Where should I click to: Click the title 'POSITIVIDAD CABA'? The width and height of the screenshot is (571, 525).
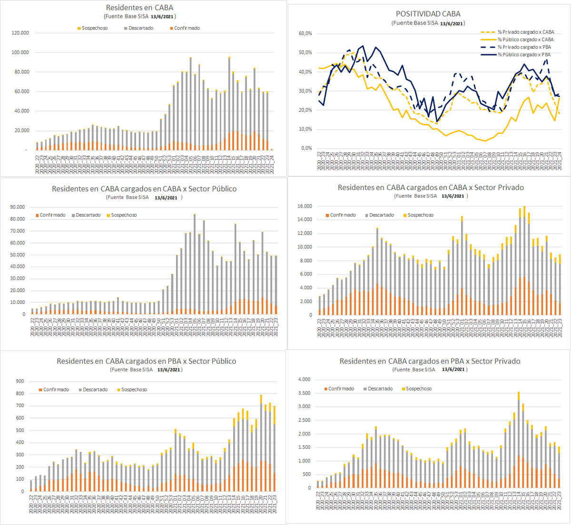tap(428, 14)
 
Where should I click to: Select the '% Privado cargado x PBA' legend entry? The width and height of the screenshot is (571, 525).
tap(524, 47)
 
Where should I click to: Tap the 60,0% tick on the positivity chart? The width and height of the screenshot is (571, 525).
tap(305, 34)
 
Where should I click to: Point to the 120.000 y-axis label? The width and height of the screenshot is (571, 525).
tap(20, 33)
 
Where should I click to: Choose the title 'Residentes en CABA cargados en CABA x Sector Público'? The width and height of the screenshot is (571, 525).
tap(144, 189)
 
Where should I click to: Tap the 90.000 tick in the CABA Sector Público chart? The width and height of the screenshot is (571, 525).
tap(17, 207)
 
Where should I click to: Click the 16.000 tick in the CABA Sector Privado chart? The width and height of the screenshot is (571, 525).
tap(304, 206)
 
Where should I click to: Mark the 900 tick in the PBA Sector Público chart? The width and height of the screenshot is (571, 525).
tap(20, 381)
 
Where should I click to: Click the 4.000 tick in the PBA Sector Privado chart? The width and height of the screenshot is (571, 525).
tap(304, 379)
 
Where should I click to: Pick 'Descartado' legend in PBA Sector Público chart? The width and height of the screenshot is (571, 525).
tap(95, 389)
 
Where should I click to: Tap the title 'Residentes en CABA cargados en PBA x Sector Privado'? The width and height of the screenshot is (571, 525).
tap(430, 361)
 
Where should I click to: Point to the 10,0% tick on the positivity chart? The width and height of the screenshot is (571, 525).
tap(305, 129)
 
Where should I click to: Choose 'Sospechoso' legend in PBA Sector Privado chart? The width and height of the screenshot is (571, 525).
tap(418, 389)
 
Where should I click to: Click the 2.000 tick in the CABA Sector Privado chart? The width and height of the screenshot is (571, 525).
tap(305, 301)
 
